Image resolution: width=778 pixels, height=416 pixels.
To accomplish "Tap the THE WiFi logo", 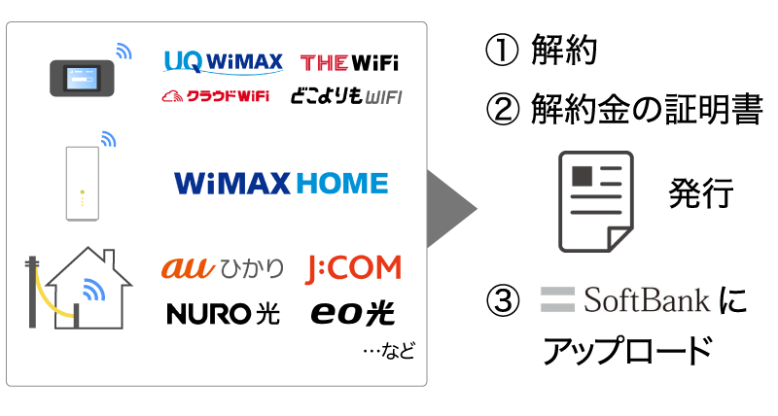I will click(x=349, y=63).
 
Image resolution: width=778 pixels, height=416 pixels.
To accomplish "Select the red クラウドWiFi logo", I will click(x=215, y=96).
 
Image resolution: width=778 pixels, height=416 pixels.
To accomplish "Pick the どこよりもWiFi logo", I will click(x=345, y=96).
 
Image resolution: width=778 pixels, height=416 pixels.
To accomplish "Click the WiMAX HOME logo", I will click(x=281, y=183).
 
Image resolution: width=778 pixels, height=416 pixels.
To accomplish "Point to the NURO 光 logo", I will click(x=223, y=313).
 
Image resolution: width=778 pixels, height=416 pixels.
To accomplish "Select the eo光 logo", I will click(x=353, y=313).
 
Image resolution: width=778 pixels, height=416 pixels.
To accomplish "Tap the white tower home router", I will click(x=82, y=182).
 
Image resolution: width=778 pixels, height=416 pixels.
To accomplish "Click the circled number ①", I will click(x=501, y=52).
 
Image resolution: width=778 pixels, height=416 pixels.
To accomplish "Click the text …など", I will click(x=388, y=351).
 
